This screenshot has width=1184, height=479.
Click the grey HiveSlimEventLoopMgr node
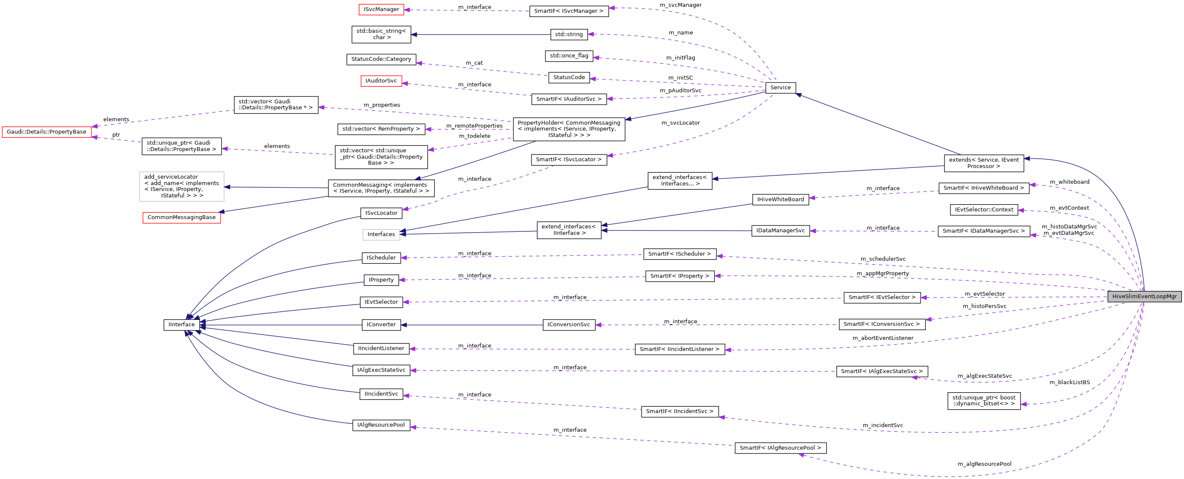point(1144,297)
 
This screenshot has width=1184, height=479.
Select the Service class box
point(780,87)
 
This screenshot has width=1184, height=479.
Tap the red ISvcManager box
point(381,9)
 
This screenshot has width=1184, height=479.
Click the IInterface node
point(182,325)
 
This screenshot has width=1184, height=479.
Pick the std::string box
point(568,34)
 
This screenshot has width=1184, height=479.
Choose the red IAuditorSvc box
point(381,81)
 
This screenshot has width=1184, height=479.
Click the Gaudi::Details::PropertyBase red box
point(46,132)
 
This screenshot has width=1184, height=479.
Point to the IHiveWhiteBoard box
point(780,200)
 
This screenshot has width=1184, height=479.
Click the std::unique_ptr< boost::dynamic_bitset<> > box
point(983,401)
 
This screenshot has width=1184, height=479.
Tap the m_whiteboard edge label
point(1069,182)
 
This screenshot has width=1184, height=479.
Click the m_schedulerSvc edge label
point(882,259)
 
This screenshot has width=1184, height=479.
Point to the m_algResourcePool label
point(984,464)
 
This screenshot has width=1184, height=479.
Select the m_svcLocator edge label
point(680,123)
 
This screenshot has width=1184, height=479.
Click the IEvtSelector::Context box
point(984,210)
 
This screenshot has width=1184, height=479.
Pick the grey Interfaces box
point(381,234)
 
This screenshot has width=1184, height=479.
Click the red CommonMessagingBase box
point(182,217)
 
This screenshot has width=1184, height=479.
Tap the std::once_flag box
point(568,56)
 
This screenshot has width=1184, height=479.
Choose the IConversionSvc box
point(568,325)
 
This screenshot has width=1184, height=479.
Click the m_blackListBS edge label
point(1069,382)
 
